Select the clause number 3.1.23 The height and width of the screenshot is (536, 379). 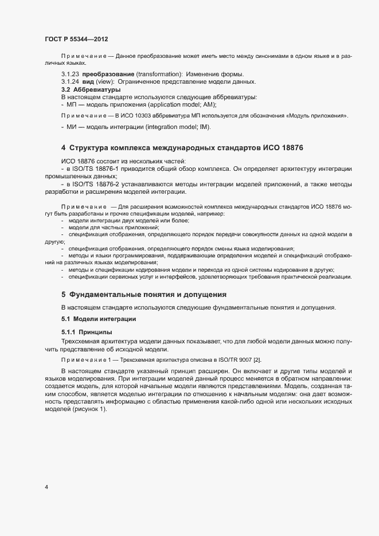tap(70, 75)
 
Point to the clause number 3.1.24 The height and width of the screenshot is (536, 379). tap(70, 83)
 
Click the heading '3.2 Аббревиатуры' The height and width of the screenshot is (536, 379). tap(91, 90)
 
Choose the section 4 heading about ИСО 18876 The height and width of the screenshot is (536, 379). tap(182, 148)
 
